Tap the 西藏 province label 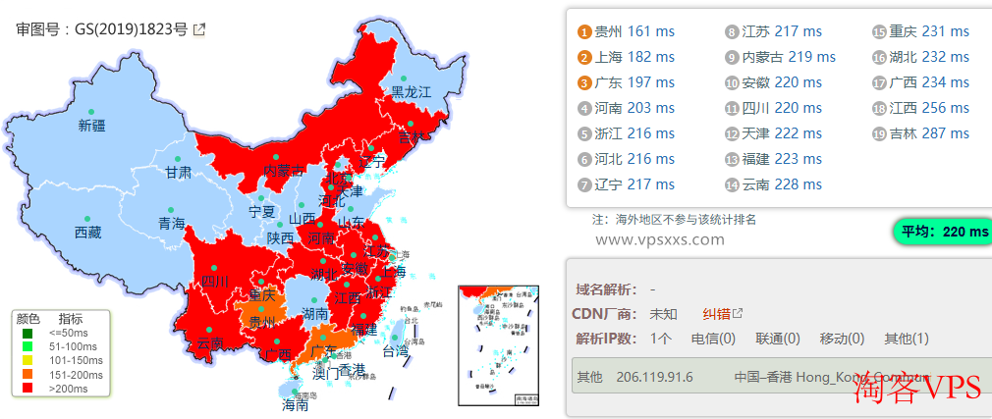coord(87,233)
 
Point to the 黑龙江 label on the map coord(412,92)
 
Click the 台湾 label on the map coord(394,350)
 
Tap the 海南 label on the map coord(295,403)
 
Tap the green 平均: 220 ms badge coord(943,232)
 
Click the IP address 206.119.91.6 coord(654,377)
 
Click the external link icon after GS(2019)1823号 coord(199,29)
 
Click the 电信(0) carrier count coord(713,339)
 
